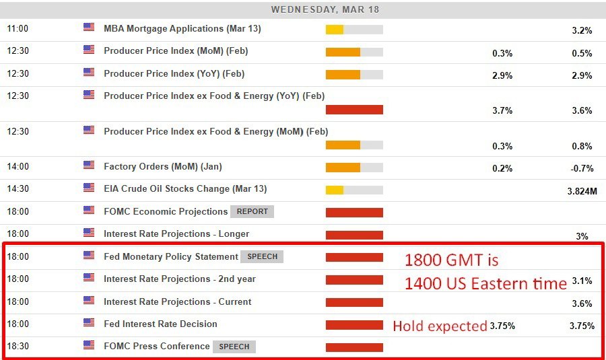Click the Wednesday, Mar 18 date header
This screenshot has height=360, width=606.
click(325, 9)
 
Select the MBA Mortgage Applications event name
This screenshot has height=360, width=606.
click(182, 29)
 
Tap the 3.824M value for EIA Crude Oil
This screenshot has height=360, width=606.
click(582, 191)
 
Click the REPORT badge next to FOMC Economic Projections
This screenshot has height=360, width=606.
click(252, 211)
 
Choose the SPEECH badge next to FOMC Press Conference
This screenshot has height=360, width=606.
click(234, 347)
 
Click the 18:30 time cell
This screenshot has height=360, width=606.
click(18, 347)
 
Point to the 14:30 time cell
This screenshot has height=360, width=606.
click(18, 188)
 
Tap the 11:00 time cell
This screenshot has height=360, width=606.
click(18, 29)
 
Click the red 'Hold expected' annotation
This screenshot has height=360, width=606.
click(440, 326)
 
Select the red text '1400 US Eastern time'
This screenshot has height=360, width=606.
click(485, 284)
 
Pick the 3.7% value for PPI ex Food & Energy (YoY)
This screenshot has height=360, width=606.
click(502, 110)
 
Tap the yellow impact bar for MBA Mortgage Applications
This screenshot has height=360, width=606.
click(354, 30)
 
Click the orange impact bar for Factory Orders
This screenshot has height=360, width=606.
click(354, 168)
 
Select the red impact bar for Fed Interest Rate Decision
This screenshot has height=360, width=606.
click(354, 325)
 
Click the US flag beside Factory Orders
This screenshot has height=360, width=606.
click(89, 165)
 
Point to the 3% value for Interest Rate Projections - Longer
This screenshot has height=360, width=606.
click(582, 236)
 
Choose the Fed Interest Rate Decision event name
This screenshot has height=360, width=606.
click(160, 324)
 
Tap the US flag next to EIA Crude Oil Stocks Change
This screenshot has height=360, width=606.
click(89, 188)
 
